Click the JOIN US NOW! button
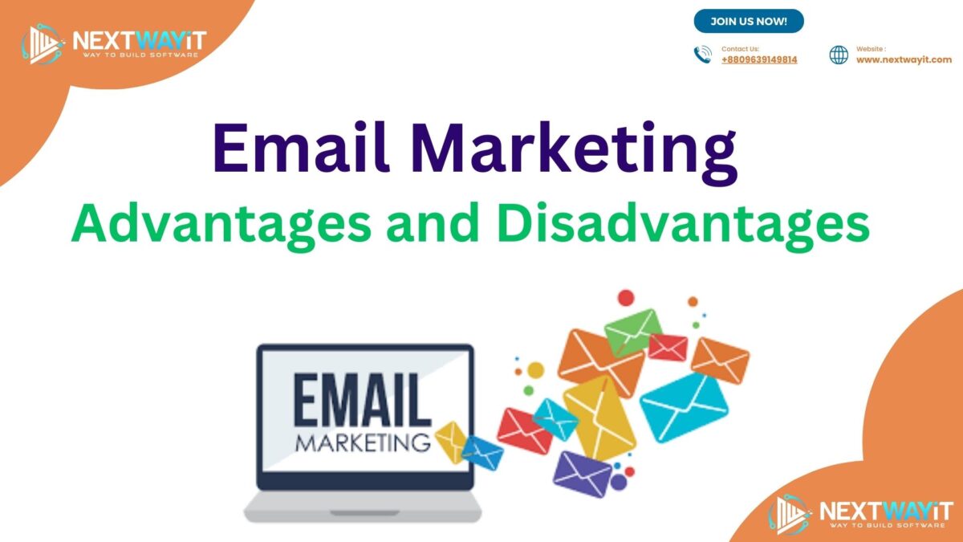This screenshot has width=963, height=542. point(748,21)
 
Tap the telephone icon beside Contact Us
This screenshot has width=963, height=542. point(703,55)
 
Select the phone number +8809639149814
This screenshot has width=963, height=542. point(759,59)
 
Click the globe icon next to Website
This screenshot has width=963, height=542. point(839,55)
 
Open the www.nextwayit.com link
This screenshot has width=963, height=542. point(904,59)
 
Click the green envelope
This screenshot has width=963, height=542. point(632,330)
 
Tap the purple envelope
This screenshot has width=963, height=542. point(583,473)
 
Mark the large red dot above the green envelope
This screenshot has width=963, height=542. point(626,298)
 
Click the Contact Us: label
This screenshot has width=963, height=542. point(740,49)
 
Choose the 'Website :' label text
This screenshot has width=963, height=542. point(872,49)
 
